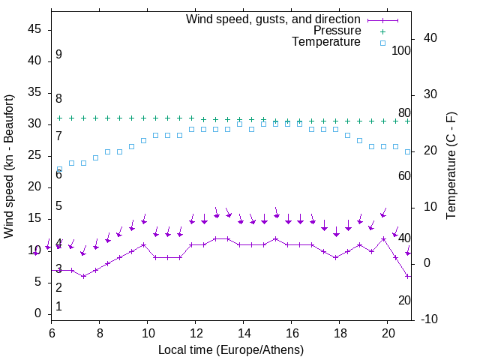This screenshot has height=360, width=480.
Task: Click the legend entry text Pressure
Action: point(337,31)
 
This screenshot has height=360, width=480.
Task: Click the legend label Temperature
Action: point(326,43)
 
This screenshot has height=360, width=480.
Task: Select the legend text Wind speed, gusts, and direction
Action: point(273,19)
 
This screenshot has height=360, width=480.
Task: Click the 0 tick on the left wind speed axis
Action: point(37,313)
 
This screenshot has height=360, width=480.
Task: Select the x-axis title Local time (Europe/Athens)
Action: point(231,349)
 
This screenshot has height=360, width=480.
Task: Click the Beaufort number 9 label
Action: point(58,55)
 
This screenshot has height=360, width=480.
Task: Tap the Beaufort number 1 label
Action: point(58,307)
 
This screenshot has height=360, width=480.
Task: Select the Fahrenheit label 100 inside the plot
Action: point(401,50)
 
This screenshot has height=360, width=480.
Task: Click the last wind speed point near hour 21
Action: point(408,276)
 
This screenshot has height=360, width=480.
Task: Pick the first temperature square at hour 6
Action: point(59,169)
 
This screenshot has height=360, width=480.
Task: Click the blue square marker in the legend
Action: point(382,43)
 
